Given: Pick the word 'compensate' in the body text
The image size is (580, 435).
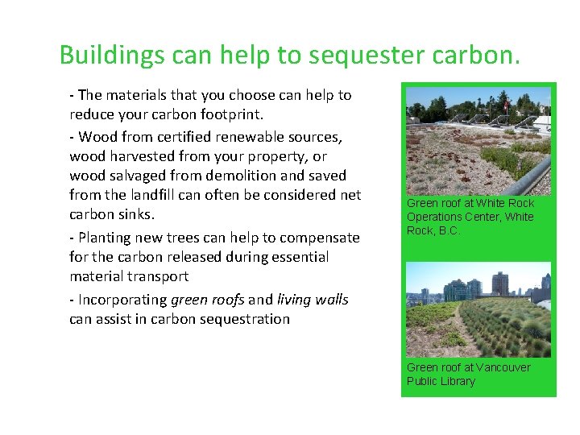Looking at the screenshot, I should [319, 238].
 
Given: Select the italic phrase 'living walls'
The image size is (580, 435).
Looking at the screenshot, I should [313, 300].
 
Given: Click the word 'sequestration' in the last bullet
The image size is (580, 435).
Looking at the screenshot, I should [245, 319].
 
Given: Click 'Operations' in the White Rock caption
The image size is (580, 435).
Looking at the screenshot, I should [433, 217].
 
